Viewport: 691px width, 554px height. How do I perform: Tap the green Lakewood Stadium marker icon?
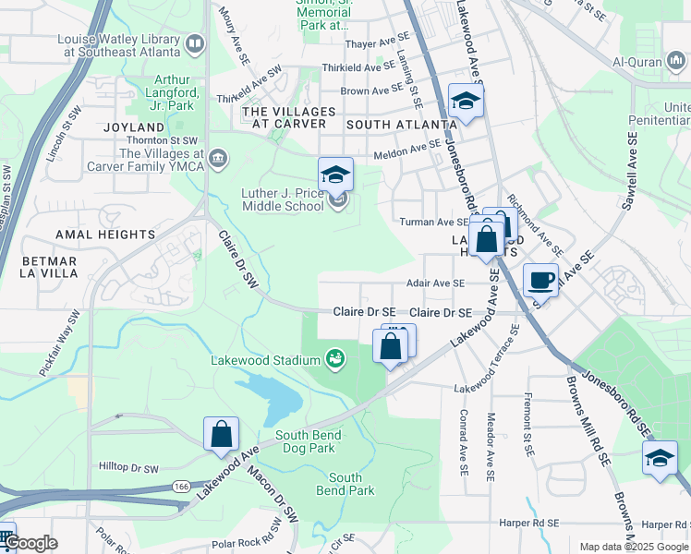pyautogui.click(x=336, y=356)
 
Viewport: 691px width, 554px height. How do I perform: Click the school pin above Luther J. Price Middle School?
pyautogui.click(x=336, y=174)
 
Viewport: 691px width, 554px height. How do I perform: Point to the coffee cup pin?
pyautogui.click(x=540, y=280)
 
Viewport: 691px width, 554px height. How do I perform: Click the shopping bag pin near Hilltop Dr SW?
pyautogui.click(x=222, y=434)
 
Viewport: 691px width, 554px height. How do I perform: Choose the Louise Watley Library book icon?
pyautogui.click(x=195, y=43)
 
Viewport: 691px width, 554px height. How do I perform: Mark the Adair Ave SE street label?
pyautogui.click(x=436, y=283)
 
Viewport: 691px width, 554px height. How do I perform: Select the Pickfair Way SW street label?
pyautogui.click(x=60, y=343)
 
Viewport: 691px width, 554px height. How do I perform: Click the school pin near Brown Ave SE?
pyautogui.click(x=467, y=101)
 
